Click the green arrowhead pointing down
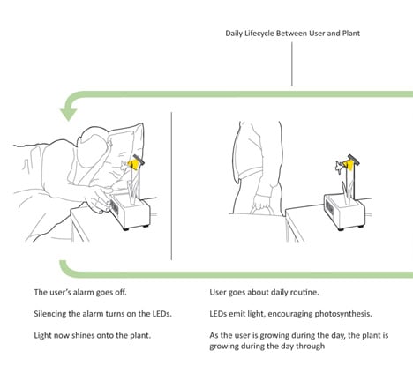pos(68,114)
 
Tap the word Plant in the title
pos(351,33)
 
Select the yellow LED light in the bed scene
pos(132,165)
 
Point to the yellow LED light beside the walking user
pos(349,165)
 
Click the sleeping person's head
pos(92,147)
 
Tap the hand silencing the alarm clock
pos(98,201)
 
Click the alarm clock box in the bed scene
pos(130,211)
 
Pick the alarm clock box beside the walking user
pos(344,211)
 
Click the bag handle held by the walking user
pos(263,209)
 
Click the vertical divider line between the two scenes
pos(171,186)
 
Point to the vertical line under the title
pos(292,63)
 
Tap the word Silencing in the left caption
pos(49,314)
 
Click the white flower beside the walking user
pos(339,167)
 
